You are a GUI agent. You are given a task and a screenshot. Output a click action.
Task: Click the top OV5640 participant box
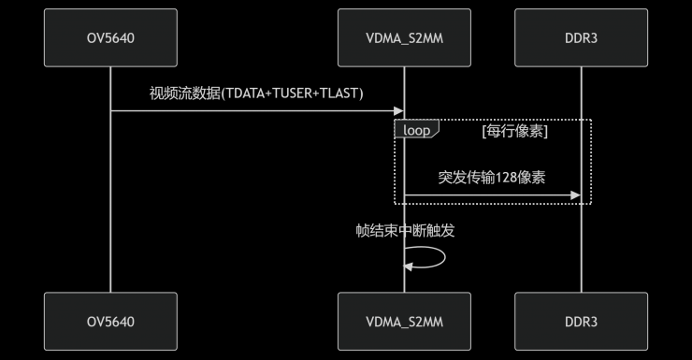(110, 37)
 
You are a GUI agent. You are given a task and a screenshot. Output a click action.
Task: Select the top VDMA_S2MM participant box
(404, 37)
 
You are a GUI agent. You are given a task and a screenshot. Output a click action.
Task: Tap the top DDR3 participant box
(581, 37)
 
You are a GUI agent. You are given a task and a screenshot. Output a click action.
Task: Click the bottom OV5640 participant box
(110, 322)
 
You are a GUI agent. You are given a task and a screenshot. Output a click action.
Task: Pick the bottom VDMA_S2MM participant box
(404, 322)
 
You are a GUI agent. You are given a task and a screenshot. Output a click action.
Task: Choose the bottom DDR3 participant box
(581, 322)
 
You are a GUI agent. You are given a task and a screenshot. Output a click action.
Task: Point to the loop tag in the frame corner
(416, 131)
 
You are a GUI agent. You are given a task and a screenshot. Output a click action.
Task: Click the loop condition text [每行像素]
(514, 131)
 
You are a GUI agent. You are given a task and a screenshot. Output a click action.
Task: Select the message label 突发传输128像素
(491, 177)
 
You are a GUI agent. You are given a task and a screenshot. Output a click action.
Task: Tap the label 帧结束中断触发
(405, 230)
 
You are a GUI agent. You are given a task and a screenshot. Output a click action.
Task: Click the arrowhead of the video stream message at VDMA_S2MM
(399, 111)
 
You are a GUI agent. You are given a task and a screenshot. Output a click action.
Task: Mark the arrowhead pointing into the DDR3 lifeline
(576, 195)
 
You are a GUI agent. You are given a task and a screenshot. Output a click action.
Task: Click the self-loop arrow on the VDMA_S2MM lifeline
(432, 258)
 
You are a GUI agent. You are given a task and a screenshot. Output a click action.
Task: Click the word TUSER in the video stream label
(285, 94)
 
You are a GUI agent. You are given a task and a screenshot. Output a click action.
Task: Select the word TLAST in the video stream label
(338, 94)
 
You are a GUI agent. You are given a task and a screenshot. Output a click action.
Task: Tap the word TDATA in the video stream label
(236, 94)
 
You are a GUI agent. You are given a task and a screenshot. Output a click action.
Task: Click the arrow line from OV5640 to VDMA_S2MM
(252, 111)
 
